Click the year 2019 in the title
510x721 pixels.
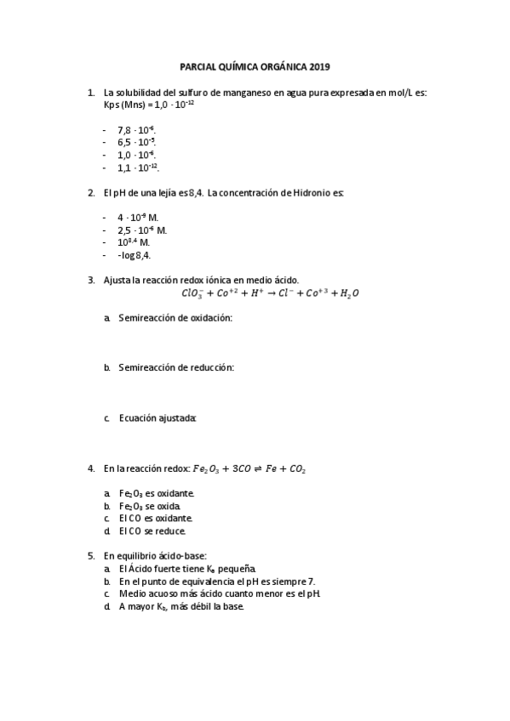pyautogui.click(x=318, y=66)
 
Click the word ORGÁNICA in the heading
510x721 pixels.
pyautogui.click(x=279, y=66)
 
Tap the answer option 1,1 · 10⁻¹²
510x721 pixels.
pyautogui.click(x=138, y=168)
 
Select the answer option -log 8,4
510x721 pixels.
pyautogui.click(x=134, y=255)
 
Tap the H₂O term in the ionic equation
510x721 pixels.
pyautogui.click(x=349, y=293)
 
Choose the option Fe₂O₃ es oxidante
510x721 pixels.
pyautogui.click(x=157, y=493)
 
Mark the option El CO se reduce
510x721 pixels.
pyautogui.click(x=152, y=531)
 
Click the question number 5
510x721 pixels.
pyautogui.click(x=91, y=555)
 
